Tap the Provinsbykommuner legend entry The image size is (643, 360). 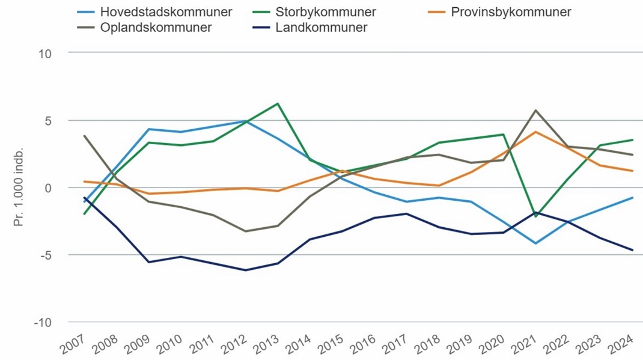point(510,12)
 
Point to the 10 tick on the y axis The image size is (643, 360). point(46,53)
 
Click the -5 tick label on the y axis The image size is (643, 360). point(46,255)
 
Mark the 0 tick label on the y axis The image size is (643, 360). point(49,188)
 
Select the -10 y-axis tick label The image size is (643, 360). point(43,322)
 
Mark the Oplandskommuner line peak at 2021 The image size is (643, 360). point(535,111)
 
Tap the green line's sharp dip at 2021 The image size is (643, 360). point(535,216)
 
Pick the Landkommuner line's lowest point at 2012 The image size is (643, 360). point(246,270)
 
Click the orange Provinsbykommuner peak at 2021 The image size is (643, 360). point(535,132)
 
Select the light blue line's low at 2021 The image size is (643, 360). point(535,243)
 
